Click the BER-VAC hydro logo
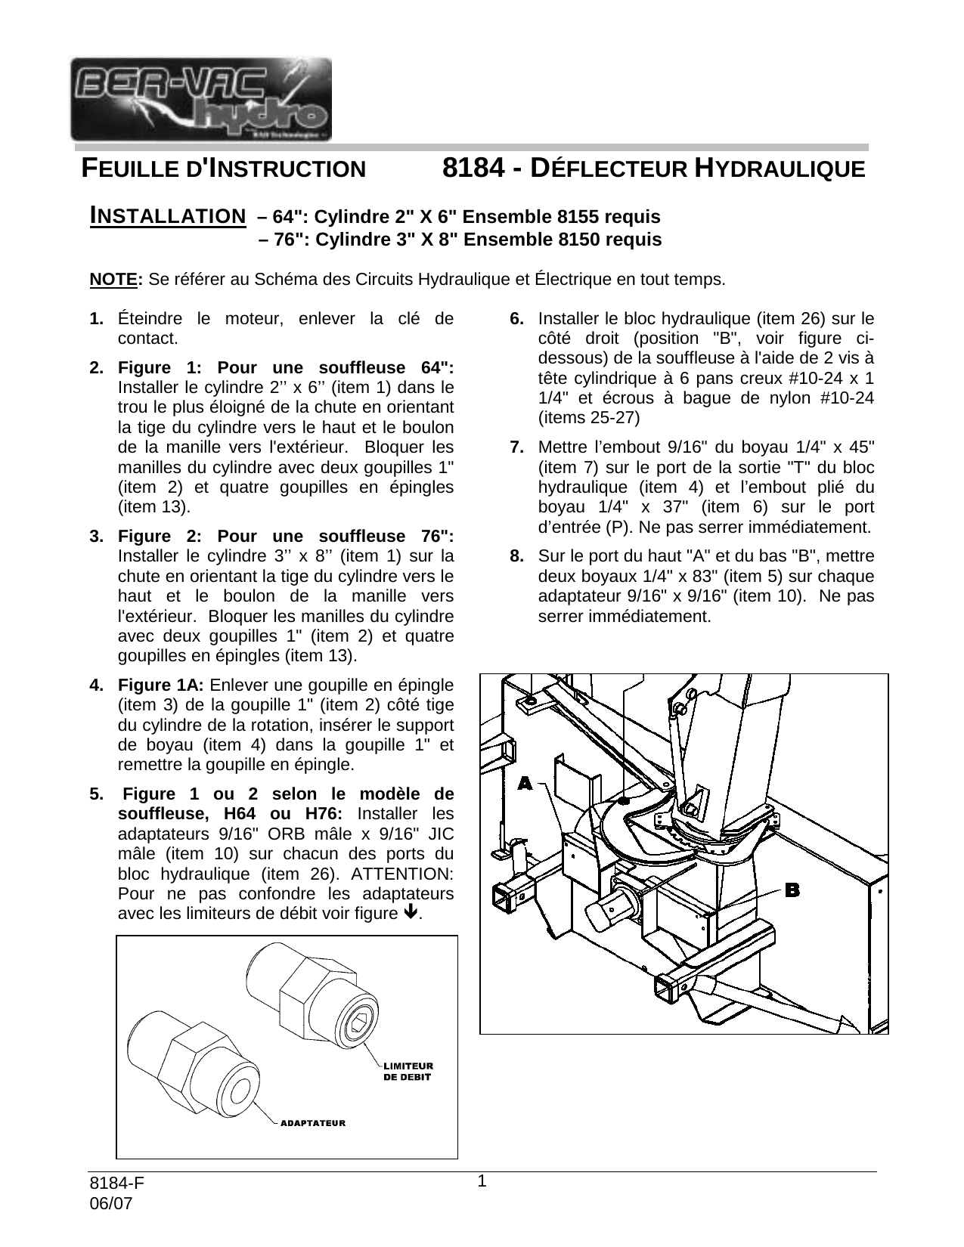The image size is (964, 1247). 200,99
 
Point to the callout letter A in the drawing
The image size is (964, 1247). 525,784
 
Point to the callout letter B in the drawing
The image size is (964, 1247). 792,890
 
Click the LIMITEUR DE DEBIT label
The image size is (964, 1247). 408,1072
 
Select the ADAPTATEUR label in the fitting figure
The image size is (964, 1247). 313,1123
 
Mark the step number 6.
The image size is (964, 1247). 517,318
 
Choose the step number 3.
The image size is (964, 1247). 96,537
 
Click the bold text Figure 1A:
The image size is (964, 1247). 161,685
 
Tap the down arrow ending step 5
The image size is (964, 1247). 410,912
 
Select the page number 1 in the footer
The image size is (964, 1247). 482,1180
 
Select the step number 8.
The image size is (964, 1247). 517,557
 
